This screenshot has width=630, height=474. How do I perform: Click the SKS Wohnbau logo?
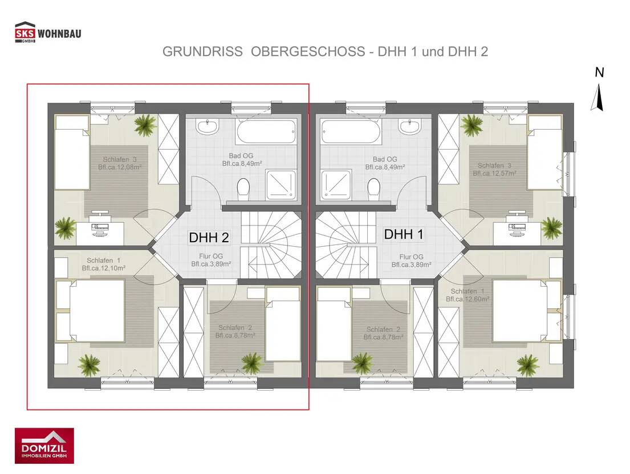pyautogui.click(x=48, y=33)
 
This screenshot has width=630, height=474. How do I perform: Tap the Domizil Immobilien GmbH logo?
pyautogui.click(x=44, y=445)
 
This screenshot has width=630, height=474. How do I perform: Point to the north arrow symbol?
pyautogui.click(x=599, y=91)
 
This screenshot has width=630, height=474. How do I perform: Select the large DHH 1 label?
pyautogui.click(x=404, y=234)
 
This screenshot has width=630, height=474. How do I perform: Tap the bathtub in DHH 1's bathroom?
pyautogui.click(x=350, y=131)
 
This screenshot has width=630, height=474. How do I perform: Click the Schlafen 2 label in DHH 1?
pyautogui.click(x=384, y=330)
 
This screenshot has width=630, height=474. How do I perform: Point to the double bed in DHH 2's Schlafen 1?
pyautogui.click(x=97, y=311)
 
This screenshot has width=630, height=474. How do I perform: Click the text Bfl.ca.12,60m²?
pyautogui.click(x=468, y=299)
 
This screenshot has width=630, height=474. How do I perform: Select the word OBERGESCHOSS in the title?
pyautogui.click(x=308, y=51)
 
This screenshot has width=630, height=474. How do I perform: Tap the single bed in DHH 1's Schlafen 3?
pyautogui.click(x=544, y=152)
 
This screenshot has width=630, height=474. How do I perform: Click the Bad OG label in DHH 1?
pyautogui.click(x=385, y=159)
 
